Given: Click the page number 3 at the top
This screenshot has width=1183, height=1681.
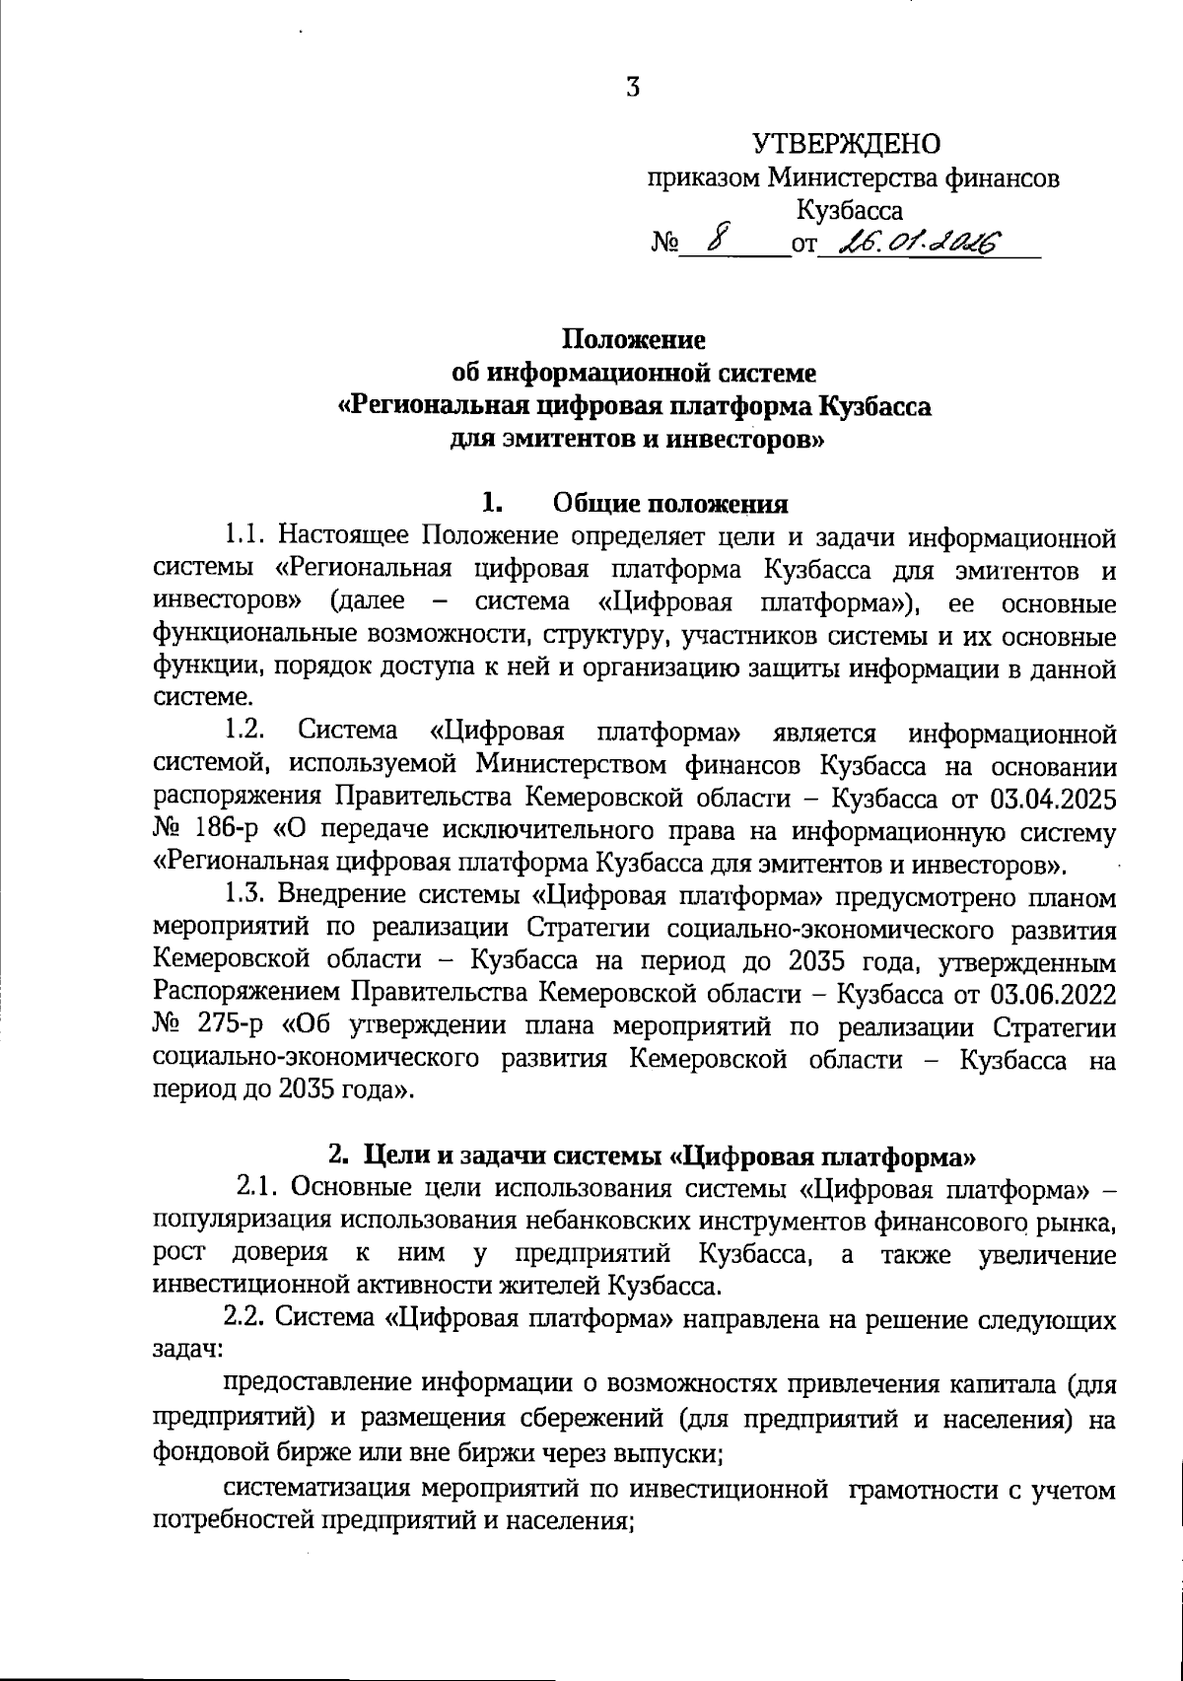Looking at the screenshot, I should click(x=632, y=88).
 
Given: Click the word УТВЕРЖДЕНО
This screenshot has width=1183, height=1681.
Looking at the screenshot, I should click(x=846, y=145).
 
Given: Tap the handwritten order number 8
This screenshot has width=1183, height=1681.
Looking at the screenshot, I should click(x=723, y=237).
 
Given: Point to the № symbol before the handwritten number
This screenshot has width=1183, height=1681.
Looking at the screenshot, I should click(x=663, y=243).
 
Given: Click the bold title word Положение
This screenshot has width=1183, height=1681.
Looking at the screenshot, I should click(x=634, y=340).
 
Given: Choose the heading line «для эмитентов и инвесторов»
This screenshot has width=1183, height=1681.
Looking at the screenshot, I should click(x=636, y=439).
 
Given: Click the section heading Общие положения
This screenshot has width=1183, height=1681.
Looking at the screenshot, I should click(x=670, y=505).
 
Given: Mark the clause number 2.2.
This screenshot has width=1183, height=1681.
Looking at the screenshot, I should click(x=245, y=1318).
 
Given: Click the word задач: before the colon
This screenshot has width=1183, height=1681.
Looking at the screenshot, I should click(x=186, y=1351).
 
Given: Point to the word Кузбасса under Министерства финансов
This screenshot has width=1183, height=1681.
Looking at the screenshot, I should click(x=849, y=210).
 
